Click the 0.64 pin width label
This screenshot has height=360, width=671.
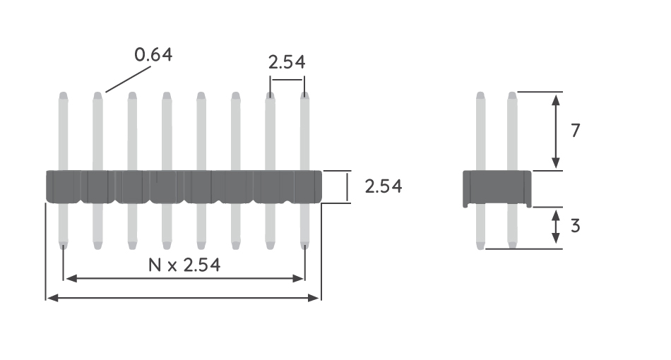(153, 54)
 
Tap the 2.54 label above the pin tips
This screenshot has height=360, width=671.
(287, 62)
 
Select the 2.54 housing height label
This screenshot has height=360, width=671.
(384, 186)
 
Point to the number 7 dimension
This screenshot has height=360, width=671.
(575, 131)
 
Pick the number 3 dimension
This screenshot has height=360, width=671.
(575, 227)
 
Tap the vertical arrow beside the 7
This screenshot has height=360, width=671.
(556, 131)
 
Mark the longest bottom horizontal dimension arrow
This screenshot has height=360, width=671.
(184, 299)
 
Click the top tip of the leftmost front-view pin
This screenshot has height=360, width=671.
(64, 95)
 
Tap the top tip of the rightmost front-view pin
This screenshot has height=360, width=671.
(305, 95)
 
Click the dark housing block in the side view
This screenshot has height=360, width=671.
(497, 188)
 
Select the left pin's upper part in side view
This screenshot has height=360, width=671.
(481, 131)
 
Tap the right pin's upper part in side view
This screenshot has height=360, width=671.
(512, 131)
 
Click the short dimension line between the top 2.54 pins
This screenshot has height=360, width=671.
(287, 80)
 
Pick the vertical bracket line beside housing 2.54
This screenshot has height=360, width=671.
(348, 187)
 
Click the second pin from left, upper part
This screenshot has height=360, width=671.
(97, 134)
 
